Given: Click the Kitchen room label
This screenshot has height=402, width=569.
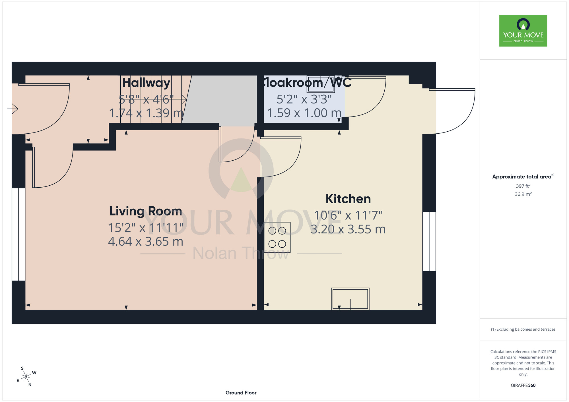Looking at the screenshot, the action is click(x=348, y=199).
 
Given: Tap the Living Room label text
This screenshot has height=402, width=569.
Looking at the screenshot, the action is click(x=146, y=211).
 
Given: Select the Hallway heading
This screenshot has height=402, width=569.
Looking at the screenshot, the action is click(x=146, y=83).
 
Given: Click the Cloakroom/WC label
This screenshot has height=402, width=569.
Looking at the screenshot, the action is click(x=306, y=82).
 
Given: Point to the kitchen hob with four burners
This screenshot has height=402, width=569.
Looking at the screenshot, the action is click(x=277, y=237).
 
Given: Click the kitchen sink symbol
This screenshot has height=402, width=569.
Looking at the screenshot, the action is click(x=350, y=299).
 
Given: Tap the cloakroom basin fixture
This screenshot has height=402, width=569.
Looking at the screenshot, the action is click(x=321, y=84).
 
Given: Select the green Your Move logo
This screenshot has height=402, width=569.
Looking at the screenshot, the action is click(x=523, y=31).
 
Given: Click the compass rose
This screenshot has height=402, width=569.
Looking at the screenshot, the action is click(x=26, y=377).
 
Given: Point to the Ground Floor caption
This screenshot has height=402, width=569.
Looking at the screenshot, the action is click(x=241, y=393).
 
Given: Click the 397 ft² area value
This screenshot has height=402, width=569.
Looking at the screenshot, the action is click(x=523, y=186).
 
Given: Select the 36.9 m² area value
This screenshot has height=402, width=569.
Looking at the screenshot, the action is click(x=523, y=194).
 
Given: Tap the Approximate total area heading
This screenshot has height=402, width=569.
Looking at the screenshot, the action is click(x=523, y=177).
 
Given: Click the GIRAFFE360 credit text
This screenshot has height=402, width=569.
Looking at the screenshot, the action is click(x=523, y=386).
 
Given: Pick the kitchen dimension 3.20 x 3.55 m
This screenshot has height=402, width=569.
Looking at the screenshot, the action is click(x=348, y=229).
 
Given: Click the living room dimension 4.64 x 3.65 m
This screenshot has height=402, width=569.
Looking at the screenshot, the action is click(x=146, y=241).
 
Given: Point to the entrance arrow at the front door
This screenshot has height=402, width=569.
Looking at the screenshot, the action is click(x=13, y=109).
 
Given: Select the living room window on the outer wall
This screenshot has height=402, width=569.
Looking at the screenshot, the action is click(x=18, y=234).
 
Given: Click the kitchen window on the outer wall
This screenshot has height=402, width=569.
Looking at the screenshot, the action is click(x=429, y=241).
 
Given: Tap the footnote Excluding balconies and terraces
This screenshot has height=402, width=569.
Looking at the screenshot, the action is click(x=523, y=329).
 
